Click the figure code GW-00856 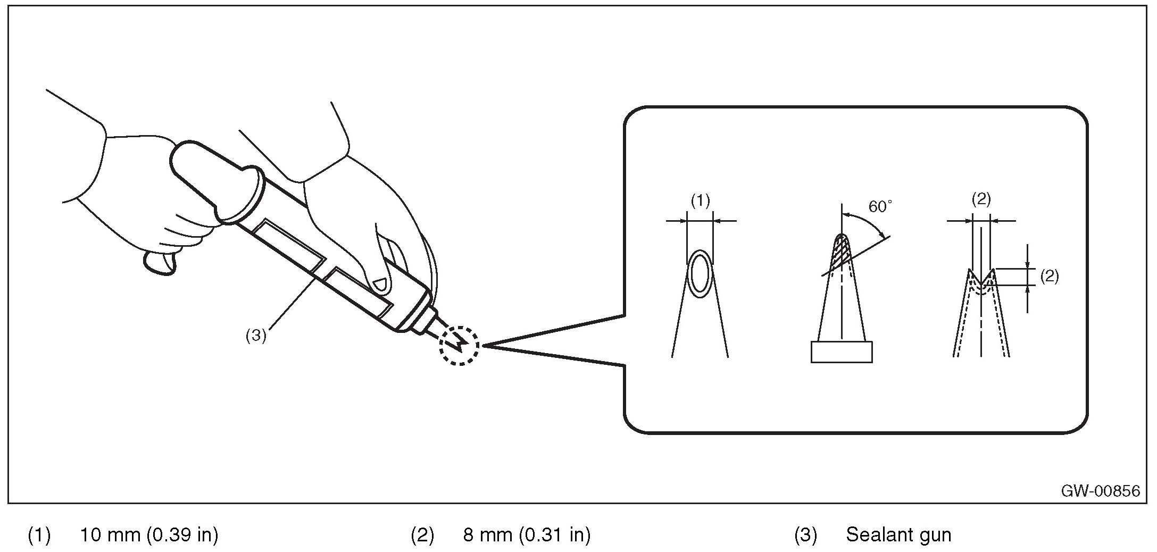pyautogui.click(x=1100, y=490)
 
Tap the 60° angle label pyautogui.click(x=880, y=207)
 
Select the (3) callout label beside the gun pyautogui.click(x=255, y=336)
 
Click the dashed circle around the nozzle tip pyautogui.click(x=459, y=346)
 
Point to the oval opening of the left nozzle pyautogui.click(x=700, y=274)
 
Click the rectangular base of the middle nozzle pyautogui.click(x=841, y=352)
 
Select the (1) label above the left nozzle pyautogui.click(x=700, y=200)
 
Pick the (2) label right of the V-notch pyautogui.click(x=1048, y=276)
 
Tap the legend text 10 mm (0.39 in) pyautogui.click(x=149, y=534)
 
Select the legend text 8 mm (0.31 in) pyautogui.click(x=527, y=534)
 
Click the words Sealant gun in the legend pyautogui.click(x=898, y=534)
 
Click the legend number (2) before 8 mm pyautogui.click(x=422, y=534)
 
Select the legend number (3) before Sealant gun pyautogui.click(x=805, y=534)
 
